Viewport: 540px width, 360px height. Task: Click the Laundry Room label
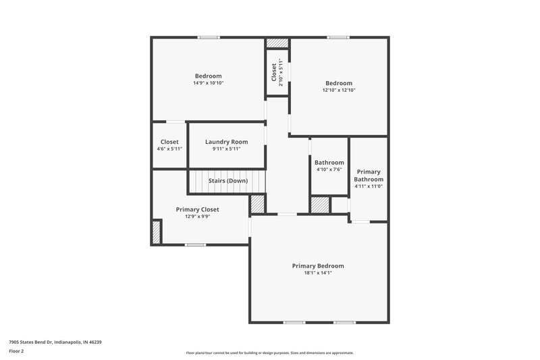tap(226, 142)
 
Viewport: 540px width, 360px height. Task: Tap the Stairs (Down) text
tap(227, 181)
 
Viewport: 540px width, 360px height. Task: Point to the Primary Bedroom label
tap(318, 265)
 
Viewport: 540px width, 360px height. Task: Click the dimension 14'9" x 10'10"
tap(208, 83)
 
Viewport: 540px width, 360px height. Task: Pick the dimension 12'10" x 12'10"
tap(338, 90)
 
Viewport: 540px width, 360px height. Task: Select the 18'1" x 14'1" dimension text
tap(318, 273)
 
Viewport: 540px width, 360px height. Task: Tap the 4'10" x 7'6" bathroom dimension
tap(329, 170)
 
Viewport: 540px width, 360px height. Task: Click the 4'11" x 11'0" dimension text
tap(369, 186)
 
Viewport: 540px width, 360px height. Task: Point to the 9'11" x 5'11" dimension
tap(226, 149)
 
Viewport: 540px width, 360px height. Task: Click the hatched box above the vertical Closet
tap(276, 43)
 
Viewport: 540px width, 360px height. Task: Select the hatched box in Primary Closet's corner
tap(157, 232)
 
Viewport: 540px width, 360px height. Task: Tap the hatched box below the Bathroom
tap(320, 205)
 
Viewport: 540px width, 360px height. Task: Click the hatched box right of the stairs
tap(258, 204)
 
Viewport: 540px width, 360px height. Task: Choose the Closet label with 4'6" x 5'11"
tap(169, 142)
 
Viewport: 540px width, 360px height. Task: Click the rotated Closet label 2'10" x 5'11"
tap(274, 72)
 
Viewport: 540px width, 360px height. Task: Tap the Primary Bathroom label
tap(369, 176)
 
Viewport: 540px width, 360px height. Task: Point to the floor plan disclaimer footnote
tap(269, 353)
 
